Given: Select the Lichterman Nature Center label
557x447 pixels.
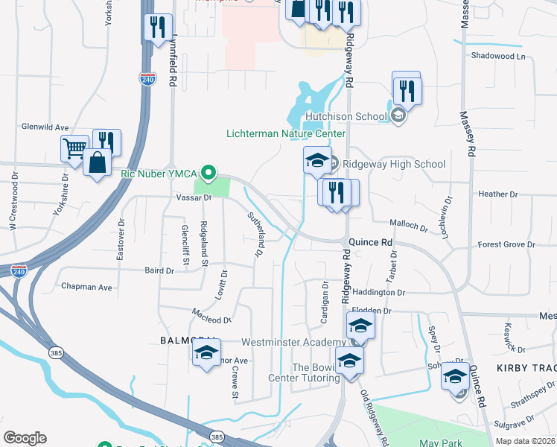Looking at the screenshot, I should [x=286, y=133].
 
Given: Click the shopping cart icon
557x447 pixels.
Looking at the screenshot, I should [x=74, y=148].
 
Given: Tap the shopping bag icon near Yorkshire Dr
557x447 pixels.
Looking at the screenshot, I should [x=98, y=162].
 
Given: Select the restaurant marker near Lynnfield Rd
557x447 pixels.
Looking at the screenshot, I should [x=158, y=28].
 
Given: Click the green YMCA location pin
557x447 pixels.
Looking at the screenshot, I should [x=209, y=174].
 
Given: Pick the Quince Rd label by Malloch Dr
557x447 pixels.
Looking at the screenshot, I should [x=371, y=243].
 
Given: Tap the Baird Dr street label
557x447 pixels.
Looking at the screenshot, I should [x=159, y=271].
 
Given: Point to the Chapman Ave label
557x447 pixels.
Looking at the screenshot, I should [x=86, y=287].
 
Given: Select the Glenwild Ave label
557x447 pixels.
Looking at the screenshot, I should [x=45, y=127].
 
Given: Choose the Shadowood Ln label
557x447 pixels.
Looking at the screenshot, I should [x=498, y=56].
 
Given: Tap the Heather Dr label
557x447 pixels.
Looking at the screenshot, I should [x=498, y=194].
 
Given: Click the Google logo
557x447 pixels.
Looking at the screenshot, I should [x=25, y=438].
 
